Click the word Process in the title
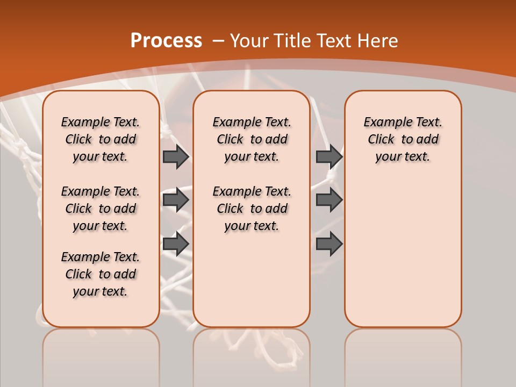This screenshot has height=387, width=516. pyautogui.click(x=166, y=41)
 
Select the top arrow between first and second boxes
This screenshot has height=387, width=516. pyautogui.click(x=176, y=156)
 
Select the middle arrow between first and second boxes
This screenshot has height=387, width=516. pyautogui.click(x=176, y=200)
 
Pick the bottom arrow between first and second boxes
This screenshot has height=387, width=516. pyautogui.click(x=176, y=244)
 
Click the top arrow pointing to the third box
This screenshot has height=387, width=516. pyautogui.click(x=329, y=156)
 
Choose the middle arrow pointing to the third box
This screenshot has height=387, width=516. pyautogui.click(x=329, y=200)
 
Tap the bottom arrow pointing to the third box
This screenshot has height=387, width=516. pyautogui.click(x=329, y=244)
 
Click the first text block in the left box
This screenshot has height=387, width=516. pyautogui.click(x=101, y=139)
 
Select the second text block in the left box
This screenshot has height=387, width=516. pyautogui.click(x=101, y=209)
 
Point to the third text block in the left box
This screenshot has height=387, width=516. pyautogui.click(x=101, y=274)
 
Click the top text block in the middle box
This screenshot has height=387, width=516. pyautogui.click(x=252, y=139)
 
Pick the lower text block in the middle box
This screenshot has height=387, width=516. pyautogui.click(x=252, y=209)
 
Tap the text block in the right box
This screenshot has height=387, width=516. pyautogui.click(x=403, y=139)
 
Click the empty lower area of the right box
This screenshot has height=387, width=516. pyautogui.click(x=403, y=253)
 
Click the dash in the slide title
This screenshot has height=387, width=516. pyautogui.click(x=219, y=41)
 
